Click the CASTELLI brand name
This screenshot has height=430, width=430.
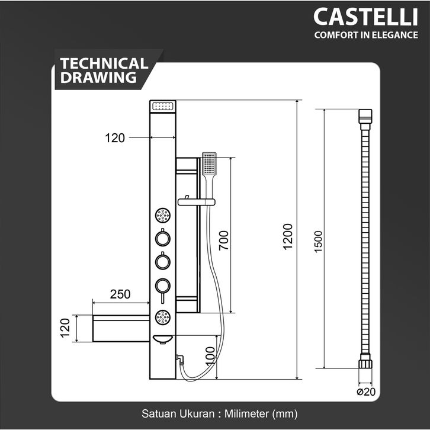(365, 17)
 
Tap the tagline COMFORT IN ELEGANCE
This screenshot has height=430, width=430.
(365, 35)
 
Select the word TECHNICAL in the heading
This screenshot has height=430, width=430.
(104, 63)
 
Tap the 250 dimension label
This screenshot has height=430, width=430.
(120, 294)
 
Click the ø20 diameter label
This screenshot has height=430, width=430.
(366, 392)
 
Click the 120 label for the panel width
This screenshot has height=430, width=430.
(115, 138)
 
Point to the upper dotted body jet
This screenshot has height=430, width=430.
(162, 214)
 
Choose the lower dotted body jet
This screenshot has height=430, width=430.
(162, 317)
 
